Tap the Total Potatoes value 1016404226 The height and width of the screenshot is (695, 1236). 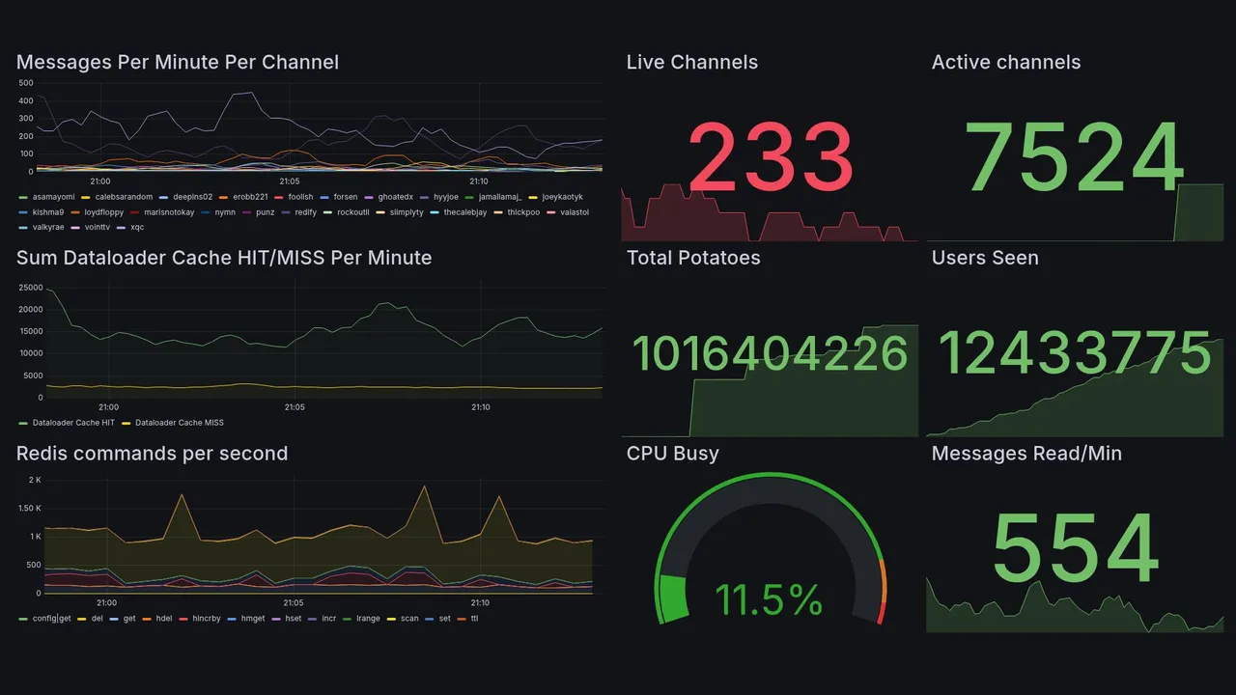[770, 354]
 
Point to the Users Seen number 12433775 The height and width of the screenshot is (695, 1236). [1075, 353]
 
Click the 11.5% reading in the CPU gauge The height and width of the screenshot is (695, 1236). [769, 599]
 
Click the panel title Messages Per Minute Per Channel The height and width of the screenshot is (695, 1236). [178, 63]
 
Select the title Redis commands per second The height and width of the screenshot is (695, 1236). [152, 454]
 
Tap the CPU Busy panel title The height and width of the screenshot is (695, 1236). [672, 454]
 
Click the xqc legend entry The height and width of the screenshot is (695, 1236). [136, 228]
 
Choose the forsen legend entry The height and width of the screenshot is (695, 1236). [345, 197]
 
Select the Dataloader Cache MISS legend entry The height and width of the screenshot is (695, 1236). [179, 423]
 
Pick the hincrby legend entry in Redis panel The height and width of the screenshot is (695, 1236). [206, 618]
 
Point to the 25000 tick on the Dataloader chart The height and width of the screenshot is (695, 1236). [31, 289]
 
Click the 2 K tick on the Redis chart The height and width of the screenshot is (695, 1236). [35, 481]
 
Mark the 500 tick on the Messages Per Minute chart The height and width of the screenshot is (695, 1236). [26, 83]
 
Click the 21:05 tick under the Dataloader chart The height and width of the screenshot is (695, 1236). [295, 407]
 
